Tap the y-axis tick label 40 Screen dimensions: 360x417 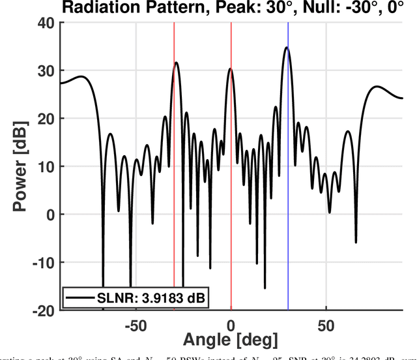pos(46,23)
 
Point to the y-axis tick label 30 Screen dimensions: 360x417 pos(46,70)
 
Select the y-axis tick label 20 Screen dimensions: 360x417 pos(46,119)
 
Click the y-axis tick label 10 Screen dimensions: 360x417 pos(46,166)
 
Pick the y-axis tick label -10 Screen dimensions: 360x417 pos(42,262)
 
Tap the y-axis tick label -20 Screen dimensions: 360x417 pos(42,310)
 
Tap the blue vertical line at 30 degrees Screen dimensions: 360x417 pos(289,196)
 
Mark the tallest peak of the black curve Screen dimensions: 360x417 pos(286,48)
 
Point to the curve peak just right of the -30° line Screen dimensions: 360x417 pos(177,63)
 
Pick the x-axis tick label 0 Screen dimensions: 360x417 pos(231,325)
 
